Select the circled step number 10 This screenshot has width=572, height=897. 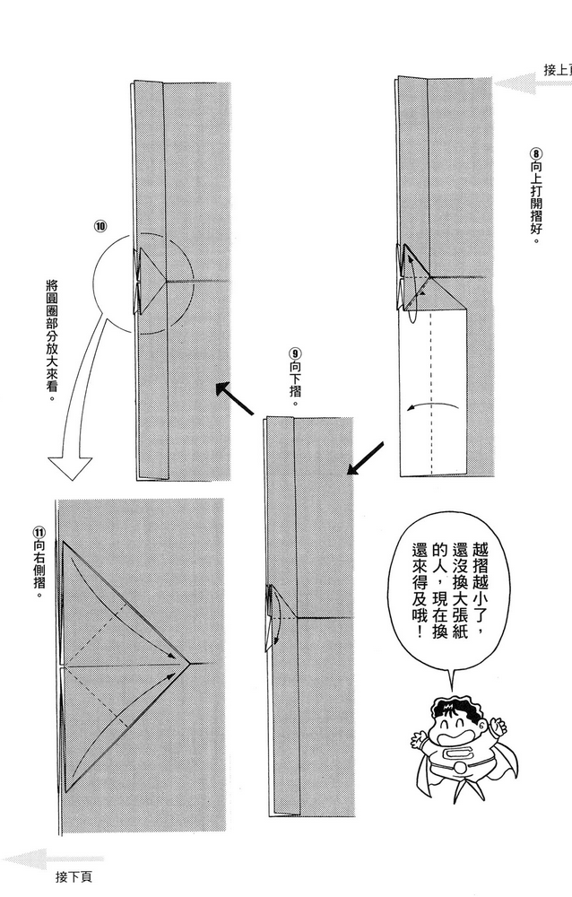click(100, 225)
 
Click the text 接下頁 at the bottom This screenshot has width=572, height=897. click(73, 876)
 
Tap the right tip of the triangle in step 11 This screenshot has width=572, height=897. click(188, 665)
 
